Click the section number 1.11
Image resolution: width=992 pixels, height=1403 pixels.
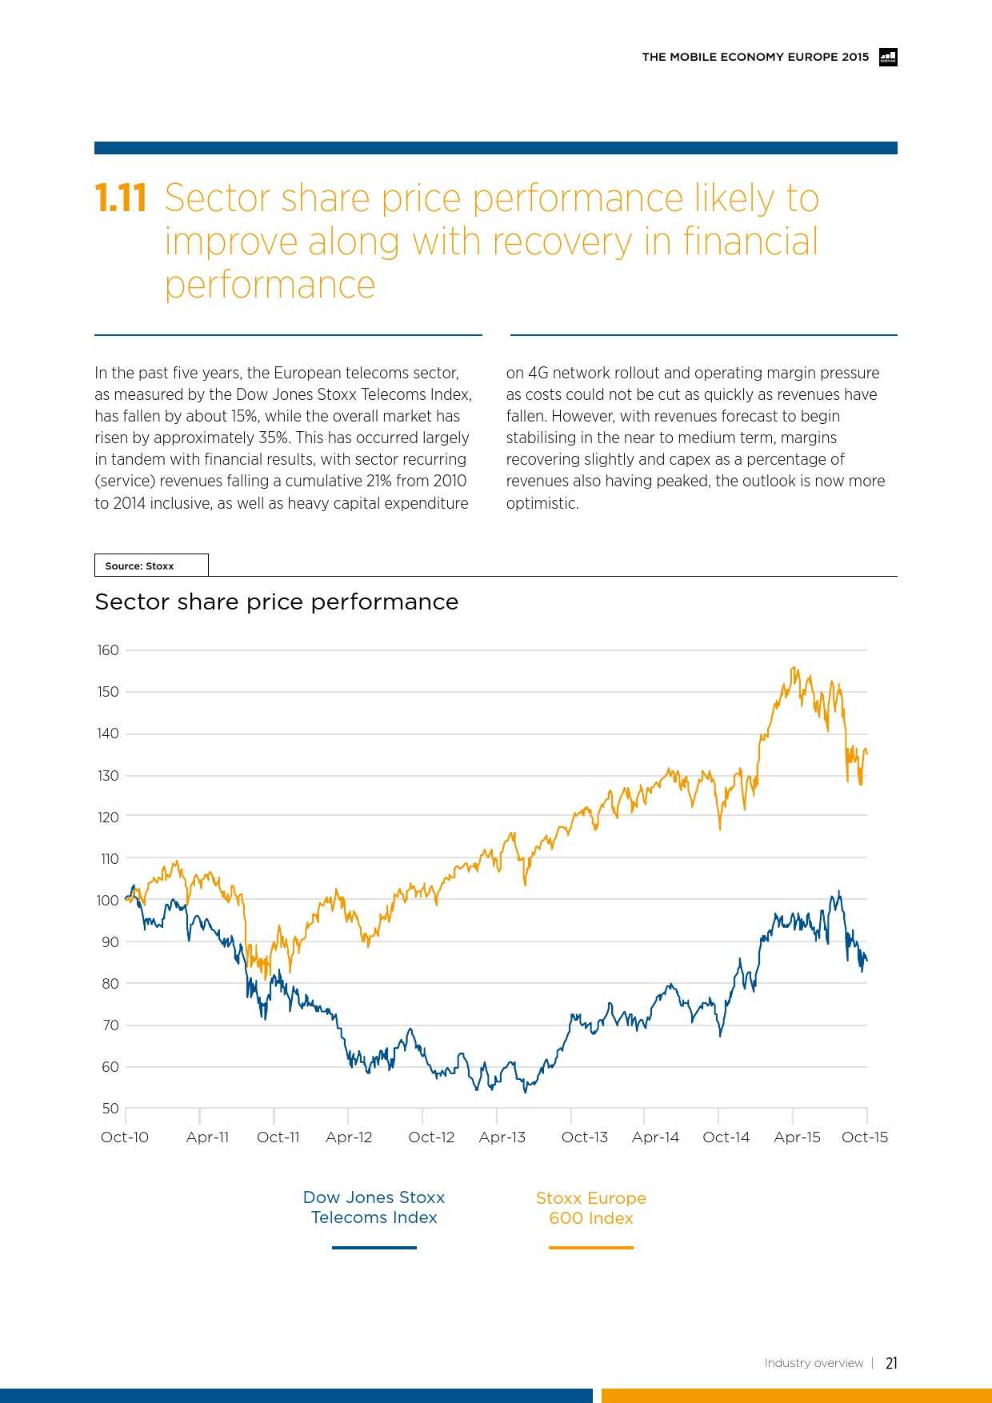click(x=121, y=198)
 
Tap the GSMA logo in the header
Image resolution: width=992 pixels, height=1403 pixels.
click(x=888, y=57)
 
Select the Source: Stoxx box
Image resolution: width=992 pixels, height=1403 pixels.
click(x=151, y=566)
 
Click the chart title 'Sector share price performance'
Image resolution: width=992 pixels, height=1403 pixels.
click(x=277, y=602)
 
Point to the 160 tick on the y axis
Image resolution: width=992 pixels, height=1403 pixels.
click(x=108, y=650)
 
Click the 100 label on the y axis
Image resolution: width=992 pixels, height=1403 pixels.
click(x=108, y=900)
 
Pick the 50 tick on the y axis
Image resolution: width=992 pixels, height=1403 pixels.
click(x=110, y=1108)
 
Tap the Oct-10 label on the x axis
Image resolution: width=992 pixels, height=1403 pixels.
click(x=125, y=1137)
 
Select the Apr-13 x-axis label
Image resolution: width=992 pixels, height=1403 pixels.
click(x=502, y=1137)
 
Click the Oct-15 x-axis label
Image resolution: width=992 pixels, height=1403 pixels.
click(x=865, y=1137)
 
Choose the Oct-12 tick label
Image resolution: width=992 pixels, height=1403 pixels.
click(x=431, y=1137)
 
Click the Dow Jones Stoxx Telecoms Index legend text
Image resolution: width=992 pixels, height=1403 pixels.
click(x=374, y=1207)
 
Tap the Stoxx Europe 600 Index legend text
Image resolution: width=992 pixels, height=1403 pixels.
click(x=591, y=1208)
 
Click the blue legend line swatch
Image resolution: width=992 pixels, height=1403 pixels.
click(x=374, y=1247)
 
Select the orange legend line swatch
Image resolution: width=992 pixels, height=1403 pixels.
click(x=591, y=1247)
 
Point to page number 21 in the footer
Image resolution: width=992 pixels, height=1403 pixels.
click(x=891, y=1363)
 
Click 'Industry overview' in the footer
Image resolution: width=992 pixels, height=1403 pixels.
click(x=814, y=1363)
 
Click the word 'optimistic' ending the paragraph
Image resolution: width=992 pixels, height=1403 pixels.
click(x=541, y=503)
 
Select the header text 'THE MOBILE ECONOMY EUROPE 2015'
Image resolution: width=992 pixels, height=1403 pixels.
click(x=755, y=57)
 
